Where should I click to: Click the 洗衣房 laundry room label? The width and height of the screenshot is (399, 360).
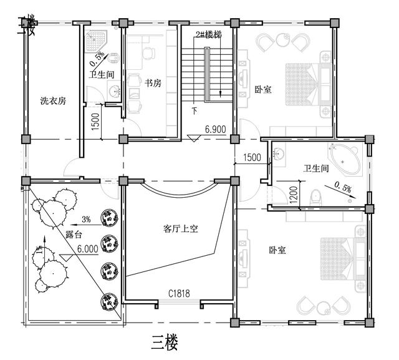tap(53, 101)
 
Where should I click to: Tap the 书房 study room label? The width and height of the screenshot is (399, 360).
tap(153, 84)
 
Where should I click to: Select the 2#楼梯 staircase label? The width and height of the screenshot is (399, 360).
tap(208, 34)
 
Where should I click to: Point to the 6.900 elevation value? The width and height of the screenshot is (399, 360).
tap(215, 129)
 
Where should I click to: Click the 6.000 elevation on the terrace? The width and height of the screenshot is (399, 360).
tap(89, 248)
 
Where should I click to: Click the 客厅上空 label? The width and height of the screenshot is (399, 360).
tap(176, 229)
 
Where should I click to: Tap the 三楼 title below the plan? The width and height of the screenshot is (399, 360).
tap(165, 341)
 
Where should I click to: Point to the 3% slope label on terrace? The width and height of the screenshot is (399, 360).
tap(86, 219)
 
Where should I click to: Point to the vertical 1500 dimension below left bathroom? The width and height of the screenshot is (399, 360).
tap(95, 120)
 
